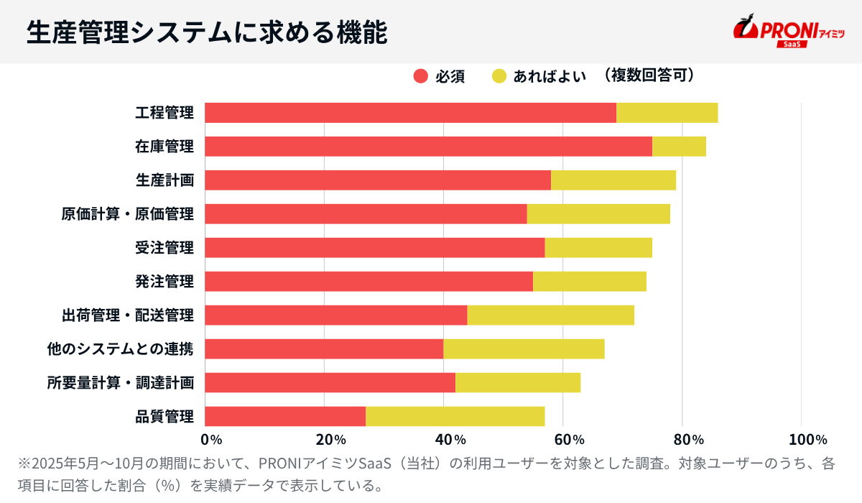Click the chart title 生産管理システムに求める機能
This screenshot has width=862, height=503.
click(x=207, y=32)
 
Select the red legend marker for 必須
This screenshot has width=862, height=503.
click(x=421, y=76)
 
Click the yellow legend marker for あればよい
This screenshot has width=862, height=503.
click(x=499, y=76)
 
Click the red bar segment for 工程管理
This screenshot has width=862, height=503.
click(x=410, y=113)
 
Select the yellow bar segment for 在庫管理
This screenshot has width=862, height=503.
click(x=679, y=147)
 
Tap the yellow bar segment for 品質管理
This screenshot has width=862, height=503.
click(x=455, y=417)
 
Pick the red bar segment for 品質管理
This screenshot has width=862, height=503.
click(x=285, y=417)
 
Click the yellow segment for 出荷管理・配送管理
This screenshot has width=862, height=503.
click(x=550, y=315)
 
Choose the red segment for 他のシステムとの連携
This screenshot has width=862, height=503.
click(x=324, y=349)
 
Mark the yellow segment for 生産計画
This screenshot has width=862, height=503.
click(x=613, y=180)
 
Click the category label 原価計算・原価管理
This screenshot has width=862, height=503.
click(x=127, y=214)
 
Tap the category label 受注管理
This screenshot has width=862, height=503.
click(x=164, y=248)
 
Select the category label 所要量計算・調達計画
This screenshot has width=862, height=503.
click(x=120, y=383)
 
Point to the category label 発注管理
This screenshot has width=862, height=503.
click(x=164, y=282)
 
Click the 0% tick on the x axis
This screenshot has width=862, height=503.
click(x=211, y=440)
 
